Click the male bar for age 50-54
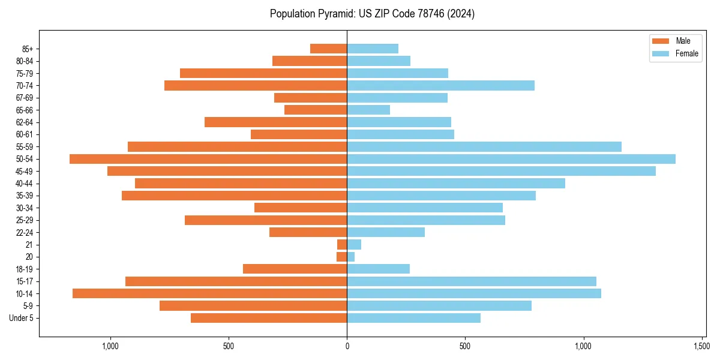tap(208, 159)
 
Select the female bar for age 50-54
tap(511, 159)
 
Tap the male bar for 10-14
tap(210, 293)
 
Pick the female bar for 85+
tap(373, 49)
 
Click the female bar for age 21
tap(354, 244)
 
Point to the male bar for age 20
tap(342, 257)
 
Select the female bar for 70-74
tap(440, 85)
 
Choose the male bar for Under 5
tap(269, 318)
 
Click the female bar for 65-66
tap(368, 110)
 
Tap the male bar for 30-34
tap(301, 208)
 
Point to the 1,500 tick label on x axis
tap(702, 347)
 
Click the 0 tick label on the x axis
tap(347, 347)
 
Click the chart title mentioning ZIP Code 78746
tap(372, 14)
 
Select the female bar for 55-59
tap(484, 146)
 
